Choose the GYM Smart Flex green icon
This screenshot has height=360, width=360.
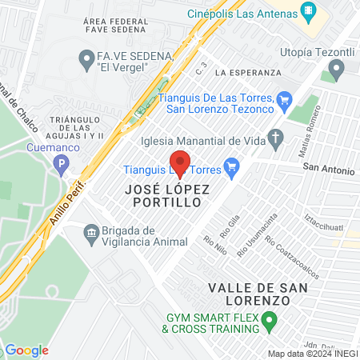click(269, 322)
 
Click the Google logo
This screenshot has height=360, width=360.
click(26, 350)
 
